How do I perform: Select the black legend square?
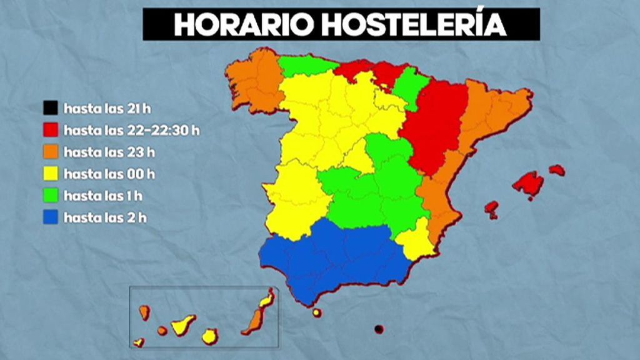coord(51,109)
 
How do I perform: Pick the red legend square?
coord(51,130)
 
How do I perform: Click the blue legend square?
coord(51,217)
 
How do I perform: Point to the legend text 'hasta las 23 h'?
coord(109,152)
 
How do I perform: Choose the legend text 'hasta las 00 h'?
coord(109,174)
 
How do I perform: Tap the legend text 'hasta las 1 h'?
coord(103,196)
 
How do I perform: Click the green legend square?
coord(51,196)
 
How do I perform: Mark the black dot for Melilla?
coord(378,329)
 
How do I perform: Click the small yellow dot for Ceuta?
coord(317,312)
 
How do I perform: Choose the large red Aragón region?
coord(434,125)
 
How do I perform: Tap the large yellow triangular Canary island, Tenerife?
coord(182,325)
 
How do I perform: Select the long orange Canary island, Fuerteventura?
coord(255,321)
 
